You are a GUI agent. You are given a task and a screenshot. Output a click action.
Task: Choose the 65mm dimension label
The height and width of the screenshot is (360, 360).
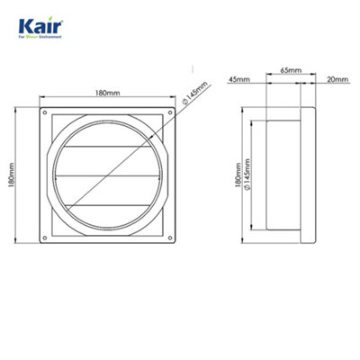[291, 69]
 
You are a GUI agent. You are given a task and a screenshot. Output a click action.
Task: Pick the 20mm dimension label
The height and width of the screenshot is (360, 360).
[337, 77]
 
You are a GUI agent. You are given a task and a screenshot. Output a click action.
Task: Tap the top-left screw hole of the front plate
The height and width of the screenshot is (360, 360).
[42, 113]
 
